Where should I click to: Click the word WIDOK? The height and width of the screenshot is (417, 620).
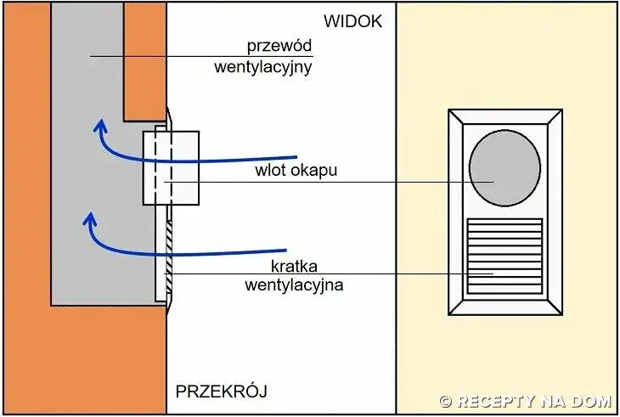coord(352,21)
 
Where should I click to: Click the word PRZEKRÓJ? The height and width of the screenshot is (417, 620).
coord(222,392)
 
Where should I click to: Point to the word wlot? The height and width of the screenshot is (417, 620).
coord(270,170)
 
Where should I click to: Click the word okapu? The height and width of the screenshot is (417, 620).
coord(314,170)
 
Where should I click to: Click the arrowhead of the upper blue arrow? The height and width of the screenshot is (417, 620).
coord(100,127)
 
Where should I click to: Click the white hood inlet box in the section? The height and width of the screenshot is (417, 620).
coord(171,167)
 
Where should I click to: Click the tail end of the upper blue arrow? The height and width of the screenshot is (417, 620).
coord(295,157)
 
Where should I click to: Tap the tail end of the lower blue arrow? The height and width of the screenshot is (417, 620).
coord(285,251)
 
